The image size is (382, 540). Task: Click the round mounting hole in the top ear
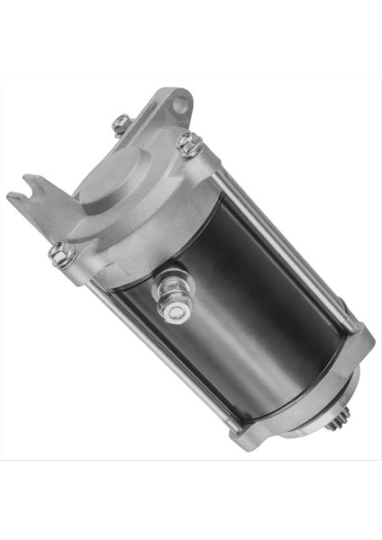point(182,103)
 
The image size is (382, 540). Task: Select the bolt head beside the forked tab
point(61,255)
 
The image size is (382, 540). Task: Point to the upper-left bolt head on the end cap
point(121,124)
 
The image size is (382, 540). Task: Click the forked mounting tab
point(36,200)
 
